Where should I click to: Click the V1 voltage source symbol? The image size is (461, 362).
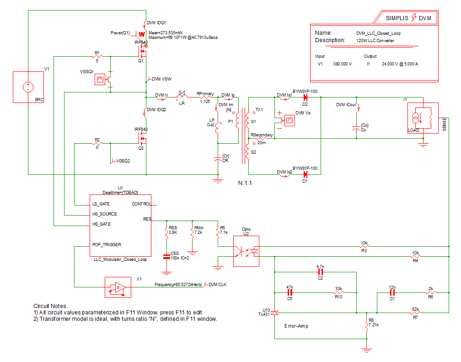28,86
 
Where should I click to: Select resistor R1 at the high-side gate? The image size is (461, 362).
97,56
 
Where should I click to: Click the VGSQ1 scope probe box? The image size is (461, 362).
99,80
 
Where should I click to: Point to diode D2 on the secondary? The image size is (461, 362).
305,97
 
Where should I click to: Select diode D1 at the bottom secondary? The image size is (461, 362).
305,174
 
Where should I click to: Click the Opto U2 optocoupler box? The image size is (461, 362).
246,251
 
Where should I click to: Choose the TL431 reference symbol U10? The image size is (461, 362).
274,313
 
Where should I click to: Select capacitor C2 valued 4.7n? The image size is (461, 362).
320,272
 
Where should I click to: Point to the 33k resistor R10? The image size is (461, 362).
338,292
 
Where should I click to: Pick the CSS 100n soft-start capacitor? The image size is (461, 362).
166,257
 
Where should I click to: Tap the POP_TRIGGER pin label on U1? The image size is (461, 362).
107,245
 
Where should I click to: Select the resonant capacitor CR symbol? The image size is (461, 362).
218,159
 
